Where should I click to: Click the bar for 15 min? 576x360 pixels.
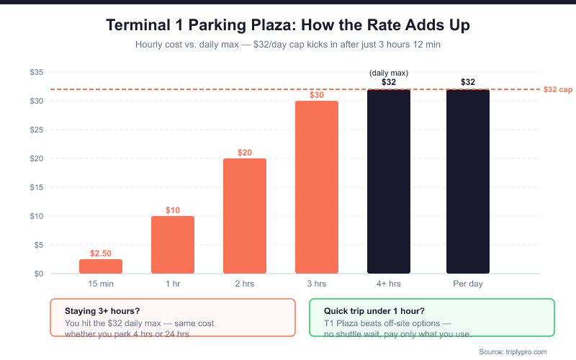101,266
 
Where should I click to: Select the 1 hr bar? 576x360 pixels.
173,245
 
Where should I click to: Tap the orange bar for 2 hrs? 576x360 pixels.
245,216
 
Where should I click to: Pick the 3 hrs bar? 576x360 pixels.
317,187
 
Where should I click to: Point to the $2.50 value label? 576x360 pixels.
101,253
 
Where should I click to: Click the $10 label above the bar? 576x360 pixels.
173,210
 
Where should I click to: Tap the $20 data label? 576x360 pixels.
245,153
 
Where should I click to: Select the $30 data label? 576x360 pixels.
317,95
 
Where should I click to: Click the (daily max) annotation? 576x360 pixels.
389,73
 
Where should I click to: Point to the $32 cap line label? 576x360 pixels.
558,90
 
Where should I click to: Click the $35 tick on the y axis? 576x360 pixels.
37,72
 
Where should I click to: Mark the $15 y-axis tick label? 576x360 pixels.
37,187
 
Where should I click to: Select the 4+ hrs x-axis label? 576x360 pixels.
389,284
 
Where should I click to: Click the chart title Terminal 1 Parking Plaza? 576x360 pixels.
288,25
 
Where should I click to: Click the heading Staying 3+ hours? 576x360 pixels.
102,310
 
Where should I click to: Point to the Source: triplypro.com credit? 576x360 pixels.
513,351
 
